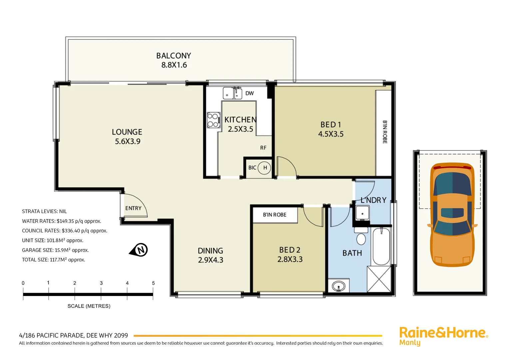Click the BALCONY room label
174,56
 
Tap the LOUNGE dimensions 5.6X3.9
128,141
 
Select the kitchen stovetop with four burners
213,120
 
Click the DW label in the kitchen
250,93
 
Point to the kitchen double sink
233,93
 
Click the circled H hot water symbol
265,168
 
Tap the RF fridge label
263,148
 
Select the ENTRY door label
133,208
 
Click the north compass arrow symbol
139,250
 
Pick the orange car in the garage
452,215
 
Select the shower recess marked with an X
379,279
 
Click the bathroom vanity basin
339,286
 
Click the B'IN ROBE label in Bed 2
274,215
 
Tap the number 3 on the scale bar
101,283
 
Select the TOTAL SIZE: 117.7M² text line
54,260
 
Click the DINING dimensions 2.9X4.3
211,260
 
